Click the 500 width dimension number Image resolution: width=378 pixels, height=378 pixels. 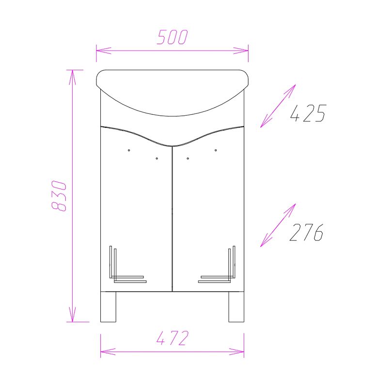pyautogui.click(x=172, y=37)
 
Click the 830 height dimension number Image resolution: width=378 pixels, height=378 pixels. pyautogui.click(x=59, y=196)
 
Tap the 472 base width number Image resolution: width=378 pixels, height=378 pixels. pyautogui.click(x=172, y=338)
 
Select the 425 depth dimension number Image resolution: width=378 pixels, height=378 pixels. pyautogui.click(x=308, y=113)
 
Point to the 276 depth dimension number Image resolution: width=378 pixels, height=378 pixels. pyautogui.click(x=306, y=232)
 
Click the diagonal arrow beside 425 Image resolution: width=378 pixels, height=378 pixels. pyautogui.click(x=278, y=106)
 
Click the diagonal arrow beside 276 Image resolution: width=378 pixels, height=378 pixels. pyautogui.click(x=278, y=225)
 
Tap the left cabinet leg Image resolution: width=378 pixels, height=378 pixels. pyautogui.click(x=108, y=307)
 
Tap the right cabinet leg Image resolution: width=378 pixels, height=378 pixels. pyautogui.click(x=236, y=307)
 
